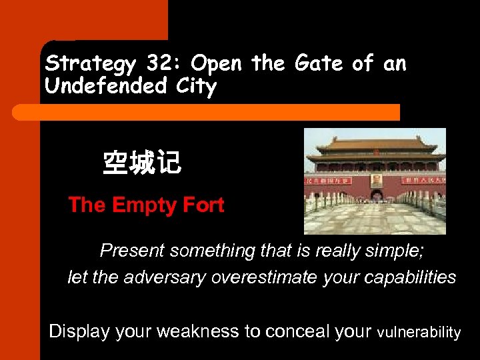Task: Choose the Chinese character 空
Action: click(115, 163)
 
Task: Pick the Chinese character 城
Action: click(141, 163)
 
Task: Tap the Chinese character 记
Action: click(167, 163)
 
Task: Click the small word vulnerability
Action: click(419, 332)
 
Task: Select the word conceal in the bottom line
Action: click(309, 331)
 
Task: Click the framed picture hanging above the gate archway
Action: click(376, 181)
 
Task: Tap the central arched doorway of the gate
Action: click(376, 196)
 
